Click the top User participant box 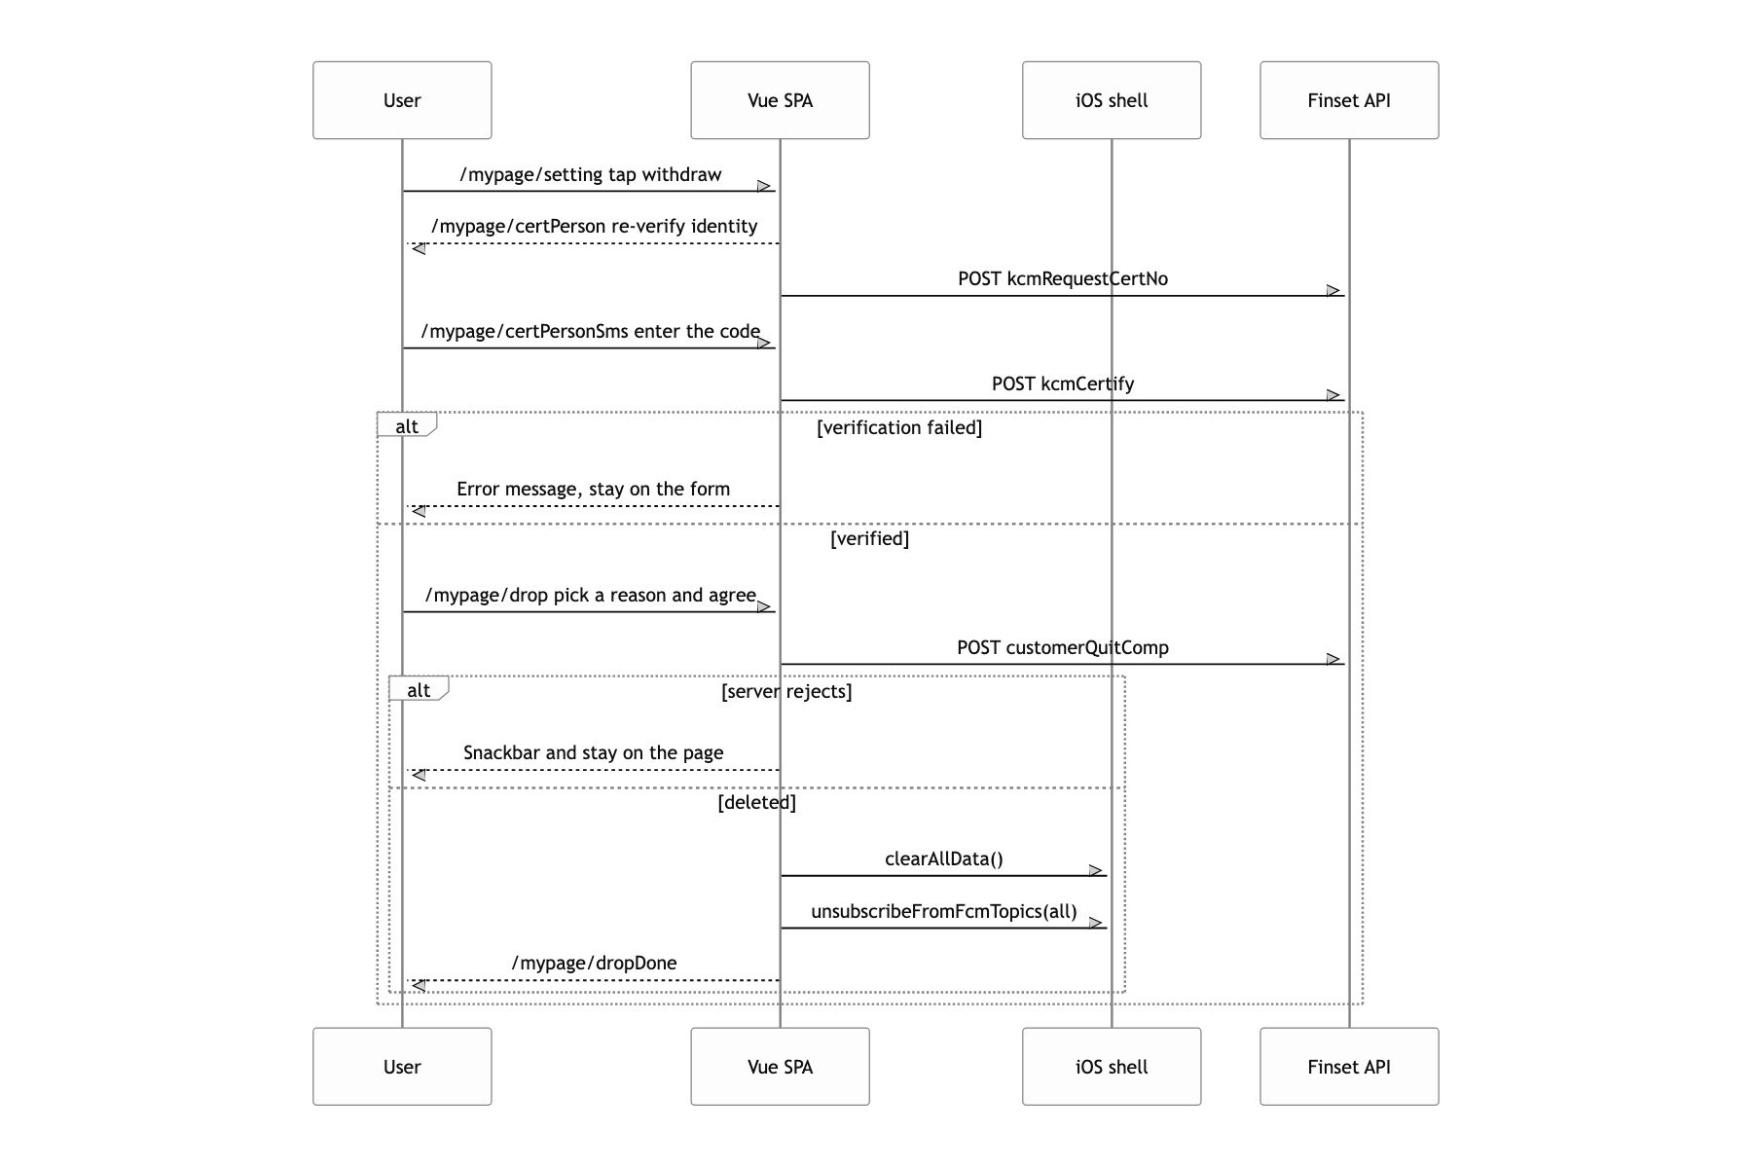click(402, 100)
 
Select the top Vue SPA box click(780, 100)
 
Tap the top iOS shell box click(1112, 100)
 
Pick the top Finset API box click(1349, 100)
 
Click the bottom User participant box click(402, 1067)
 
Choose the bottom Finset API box click(1349, 1067)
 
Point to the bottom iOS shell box click(1112, 1067)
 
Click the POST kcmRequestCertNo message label click(1063, 279)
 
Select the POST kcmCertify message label click(1063, 384)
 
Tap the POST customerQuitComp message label click(1063, 648)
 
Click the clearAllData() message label click(944, 859)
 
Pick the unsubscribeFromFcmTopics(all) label click(944, 912)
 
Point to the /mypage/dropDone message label click(595, 964)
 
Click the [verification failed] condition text click(899, 428)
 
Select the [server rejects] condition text click(786, 692)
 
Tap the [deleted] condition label click(757, 803)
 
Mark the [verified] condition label click(870, 539)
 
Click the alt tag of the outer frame click(407, 425)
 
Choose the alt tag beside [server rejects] click(419, 689)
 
